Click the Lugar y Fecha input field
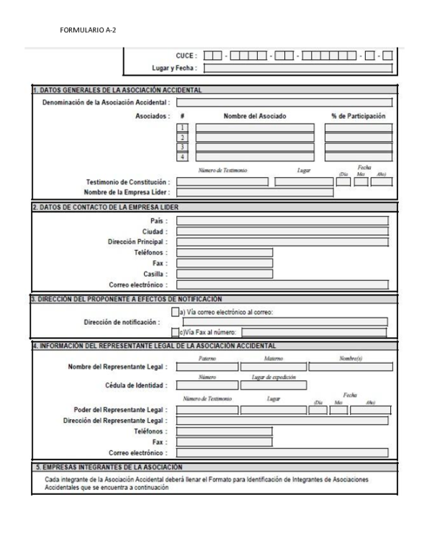click(x=298, y=69)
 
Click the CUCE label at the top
click(x=186, y=55)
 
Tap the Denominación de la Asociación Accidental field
click(x=284, y=103)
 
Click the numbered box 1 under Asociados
click(x=183, y=128)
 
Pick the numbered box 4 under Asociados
click(x=183, y=156)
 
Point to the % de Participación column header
click(x=358, y=115)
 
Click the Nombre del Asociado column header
click(x=254, y=115)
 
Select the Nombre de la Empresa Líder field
click(x=255, y=192)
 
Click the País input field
click(x=282, y=221)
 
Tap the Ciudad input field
click(x=282, y=232)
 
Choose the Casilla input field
click(x=225, y=274)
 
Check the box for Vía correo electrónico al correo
click(x=175, y=312)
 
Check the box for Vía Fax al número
click(x=175, y=332)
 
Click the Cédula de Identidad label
click(x=135, y=385)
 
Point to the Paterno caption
click(x=207, y=358)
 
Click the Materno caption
click(x=273, y=358)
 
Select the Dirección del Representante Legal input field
click(x=282, y=420)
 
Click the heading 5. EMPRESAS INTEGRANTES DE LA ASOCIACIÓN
click(x=108, y=467)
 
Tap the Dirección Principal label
click(x=138, y=243)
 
